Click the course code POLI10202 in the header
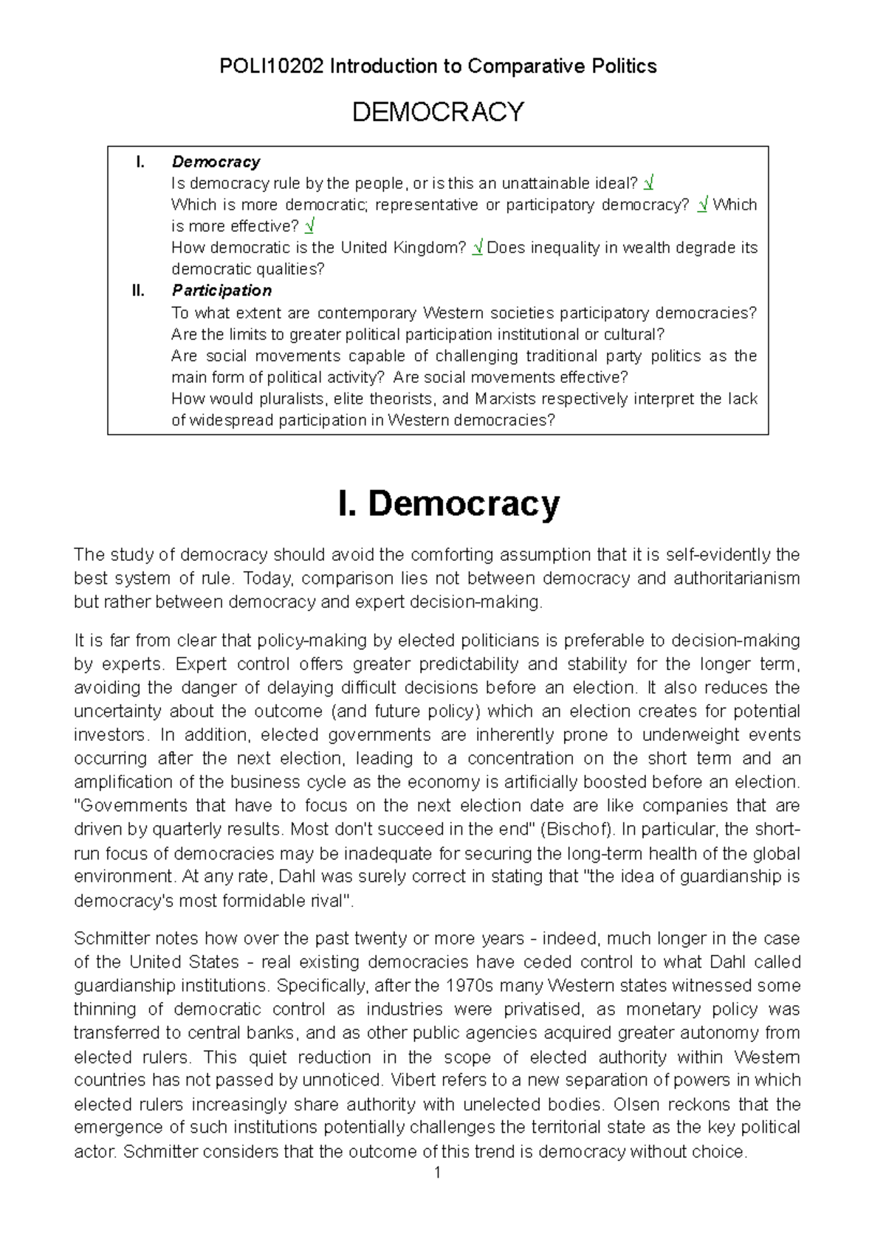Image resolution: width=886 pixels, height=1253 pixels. [x=271, y=66]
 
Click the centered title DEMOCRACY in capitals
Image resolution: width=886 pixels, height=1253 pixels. [x=438, y=112]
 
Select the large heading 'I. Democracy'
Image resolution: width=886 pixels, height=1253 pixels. [x=448, y=504]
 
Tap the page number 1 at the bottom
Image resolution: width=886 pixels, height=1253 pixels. [x=438, y=1173]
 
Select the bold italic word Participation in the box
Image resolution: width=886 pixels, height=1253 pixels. [x=221, y=291]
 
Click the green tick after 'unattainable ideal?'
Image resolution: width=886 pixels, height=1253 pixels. [x=648, y=183]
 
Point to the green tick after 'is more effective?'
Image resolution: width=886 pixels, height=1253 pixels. [x=309, y=227]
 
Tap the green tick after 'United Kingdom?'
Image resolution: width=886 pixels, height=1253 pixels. [x=478, y=248]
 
